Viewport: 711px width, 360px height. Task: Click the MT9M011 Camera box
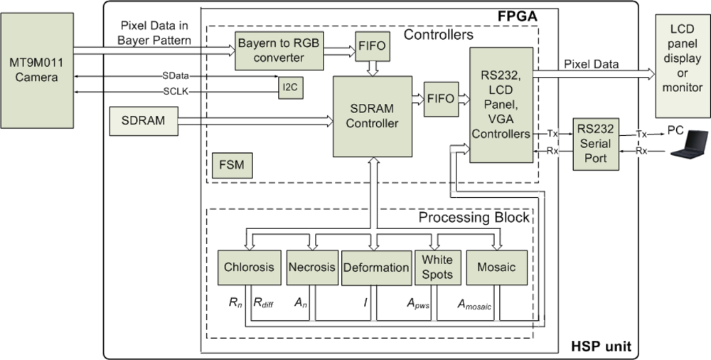pos(37,70)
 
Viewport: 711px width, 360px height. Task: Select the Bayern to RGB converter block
pos(279,51)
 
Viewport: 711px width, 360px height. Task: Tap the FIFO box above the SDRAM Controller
pos(373,46)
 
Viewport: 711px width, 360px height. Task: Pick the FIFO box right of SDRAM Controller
pos(442,99)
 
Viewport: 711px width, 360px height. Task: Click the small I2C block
pos(291,88)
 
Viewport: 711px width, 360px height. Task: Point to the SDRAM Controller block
pos(373,116)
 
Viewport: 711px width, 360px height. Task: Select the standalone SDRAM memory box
pos(144,121)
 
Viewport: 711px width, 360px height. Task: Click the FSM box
pos(232,165)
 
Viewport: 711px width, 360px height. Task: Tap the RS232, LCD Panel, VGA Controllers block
pos(501,105)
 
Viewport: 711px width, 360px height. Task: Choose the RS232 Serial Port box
pos(596,144)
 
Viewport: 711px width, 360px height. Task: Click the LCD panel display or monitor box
pos(683,66)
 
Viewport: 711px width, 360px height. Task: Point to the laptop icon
pos(689,144)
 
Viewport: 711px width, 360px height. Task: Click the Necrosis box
pos(312,268)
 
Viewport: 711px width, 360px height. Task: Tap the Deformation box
pos(376,268)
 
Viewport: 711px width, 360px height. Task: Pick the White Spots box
pos(437,268)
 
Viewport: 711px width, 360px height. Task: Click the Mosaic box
pos(496,268)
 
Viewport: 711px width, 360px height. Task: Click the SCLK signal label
pos(176,92)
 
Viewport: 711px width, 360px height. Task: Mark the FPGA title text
pos(518,16)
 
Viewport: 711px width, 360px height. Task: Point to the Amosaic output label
pos(474,305)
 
